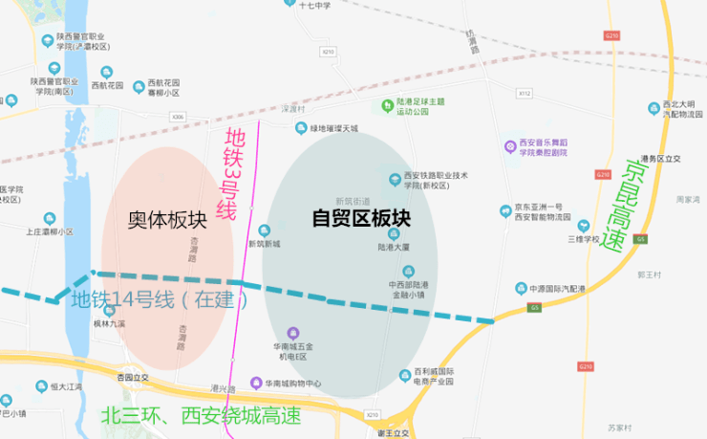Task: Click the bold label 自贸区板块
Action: point(361,218)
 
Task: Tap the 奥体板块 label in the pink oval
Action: point(163,220)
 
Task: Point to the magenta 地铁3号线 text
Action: point(226,175)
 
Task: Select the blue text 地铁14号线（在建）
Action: point(161,299)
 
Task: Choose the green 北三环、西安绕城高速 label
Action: point(201,416)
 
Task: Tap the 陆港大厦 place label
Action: point(393,246)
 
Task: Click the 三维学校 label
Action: point(583,239)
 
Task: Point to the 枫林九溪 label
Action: point(109,324)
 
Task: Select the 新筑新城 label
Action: point(264,244)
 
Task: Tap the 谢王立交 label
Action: point(392,432)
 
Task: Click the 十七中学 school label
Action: point(314,5)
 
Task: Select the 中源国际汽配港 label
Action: point(563,288)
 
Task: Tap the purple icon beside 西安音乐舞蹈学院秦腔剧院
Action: point(511,146)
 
